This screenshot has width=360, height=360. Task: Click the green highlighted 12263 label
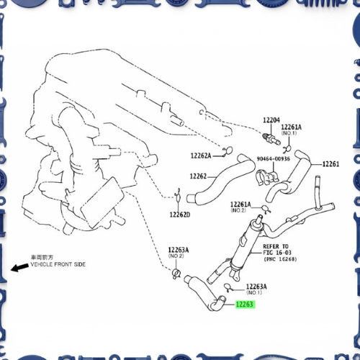[x=245, y=305]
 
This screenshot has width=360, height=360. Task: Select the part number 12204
[x=271, y=120]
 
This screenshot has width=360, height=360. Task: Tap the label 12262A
[x=201, y=156]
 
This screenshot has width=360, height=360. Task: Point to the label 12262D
[x=180, y=215]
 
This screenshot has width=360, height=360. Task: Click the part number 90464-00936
[x=274, y=158]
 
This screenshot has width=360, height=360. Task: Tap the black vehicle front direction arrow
[x=19, y=267]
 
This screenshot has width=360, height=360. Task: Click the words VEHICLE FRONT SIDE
[x=58, y=264]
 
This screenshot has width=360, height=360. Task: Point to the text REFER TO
[x=276, y=246]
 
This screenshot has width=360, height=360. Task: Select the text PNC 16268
[x=280, y=259]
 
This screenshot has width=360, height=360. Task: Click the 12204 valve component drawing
[x=271, y=139]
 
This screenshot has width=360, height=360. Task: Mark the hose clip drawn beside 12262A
[x=228, y=151]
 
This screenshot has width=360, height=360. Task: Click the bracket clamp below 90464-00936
[x=267, y=178]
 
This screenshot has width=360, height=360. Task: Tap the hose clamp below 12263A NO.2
[x=176, y=274]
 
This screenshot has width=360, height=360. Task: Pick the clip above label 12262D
[x=178, y=196]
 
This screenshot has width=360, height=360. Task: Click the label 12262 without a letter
[x=198, y=176]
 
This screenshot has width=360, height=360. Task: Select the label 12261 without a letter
[x=330, y=164]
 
